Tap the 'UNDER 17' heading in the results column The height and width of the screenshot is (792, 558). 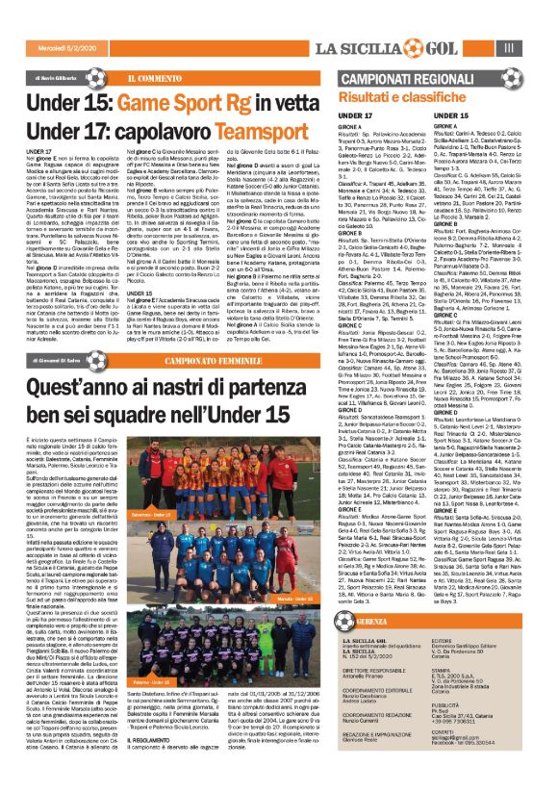pyautogui.click(x=356, y=115)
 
